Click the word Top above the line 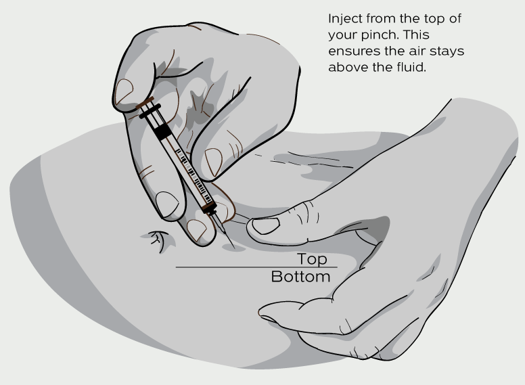tap(312, 259)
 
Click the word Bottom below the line tap(300, 277)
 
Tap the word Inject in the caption tap(345, 19)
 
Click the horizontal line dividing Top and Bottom tap(256, 267)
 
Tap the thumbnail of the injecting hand tap(124, 91)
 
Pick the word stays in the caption tap(447, 51)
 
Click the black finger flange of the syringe tap(150, 111)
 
